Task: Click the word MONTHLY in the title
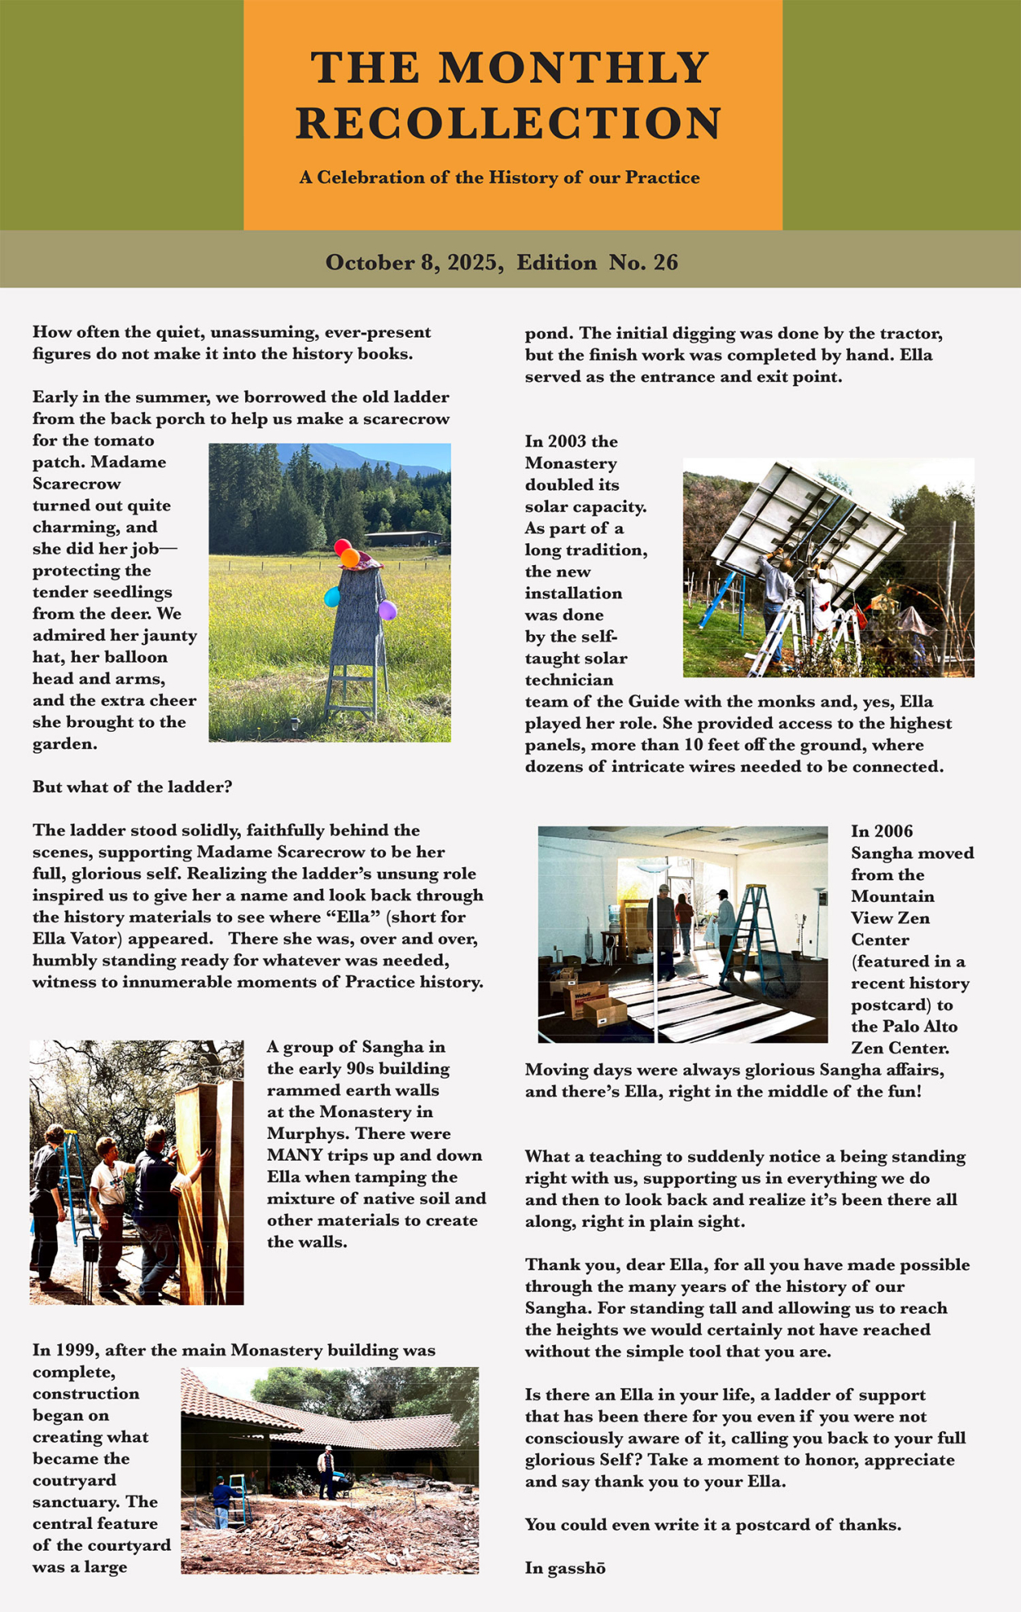click(x=575, y=67)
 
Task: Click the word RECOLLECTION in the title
click(x=509, y=123)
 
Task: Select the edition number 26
click(x=666, y=263)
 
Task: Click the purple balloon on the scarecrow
click(x=388, y=610)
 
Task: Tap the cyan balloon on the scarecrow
click(x=332, y=597)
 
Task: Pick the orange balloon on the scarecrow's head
click(x=350, y=557)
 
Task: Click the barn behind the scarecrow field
click(x=403, y=538)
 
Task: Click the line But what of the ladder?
click(x=132, y=787)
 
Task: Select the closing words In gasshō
click(x=565, y=1568)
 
